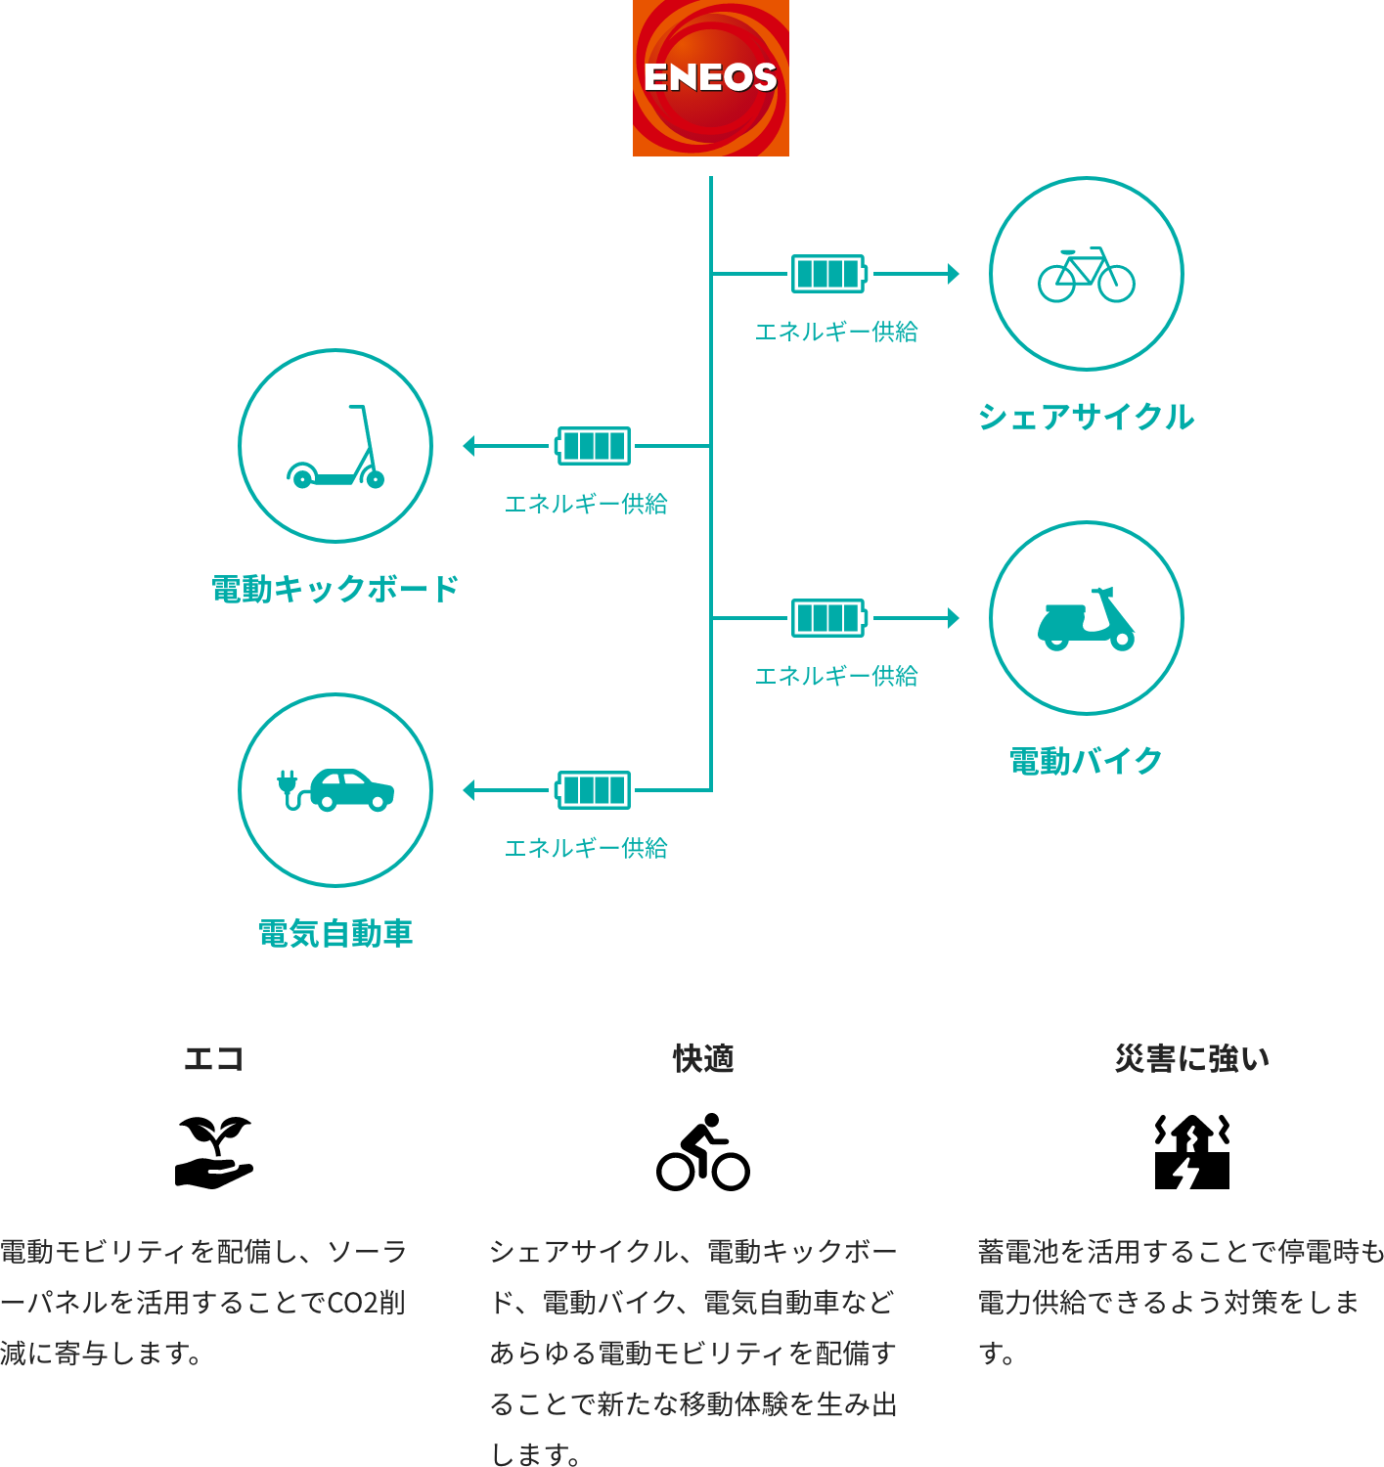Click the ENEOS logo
(710, 77)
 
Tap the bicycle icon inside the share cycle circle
(1086, 275)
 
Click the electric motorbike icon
(1086, 619)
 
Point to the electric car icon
(335, 790)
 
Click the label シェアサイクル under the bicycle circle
(1086, 417)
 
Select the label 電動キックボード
(335, 589)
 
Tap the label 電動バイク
(1086, 761)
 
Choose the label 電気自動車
(335, 933)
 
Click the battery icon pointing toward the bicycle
(829, 274)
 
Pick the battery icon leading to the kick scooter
(593, 446)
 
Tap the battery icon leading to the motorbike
(829, 618)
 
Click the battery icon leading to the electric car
(593, 790)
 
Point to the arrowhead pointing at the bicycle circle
(954, 274)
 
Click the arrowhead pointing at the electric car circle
(469, 790)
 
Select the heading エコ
(213, 1058)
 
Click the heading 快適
(703, 1058)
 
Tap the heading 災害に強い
(1192, 1058)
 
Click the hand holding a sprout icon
(214, 1152)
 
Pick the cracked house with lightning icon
(1192, 1152)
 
